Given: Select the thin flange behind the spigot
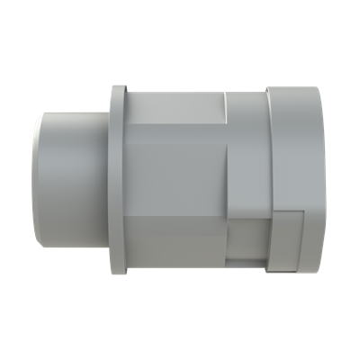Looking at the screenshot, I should (x=115, y=180).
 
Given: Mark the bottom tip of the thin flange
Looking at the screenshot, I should (x=116, y=273).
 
